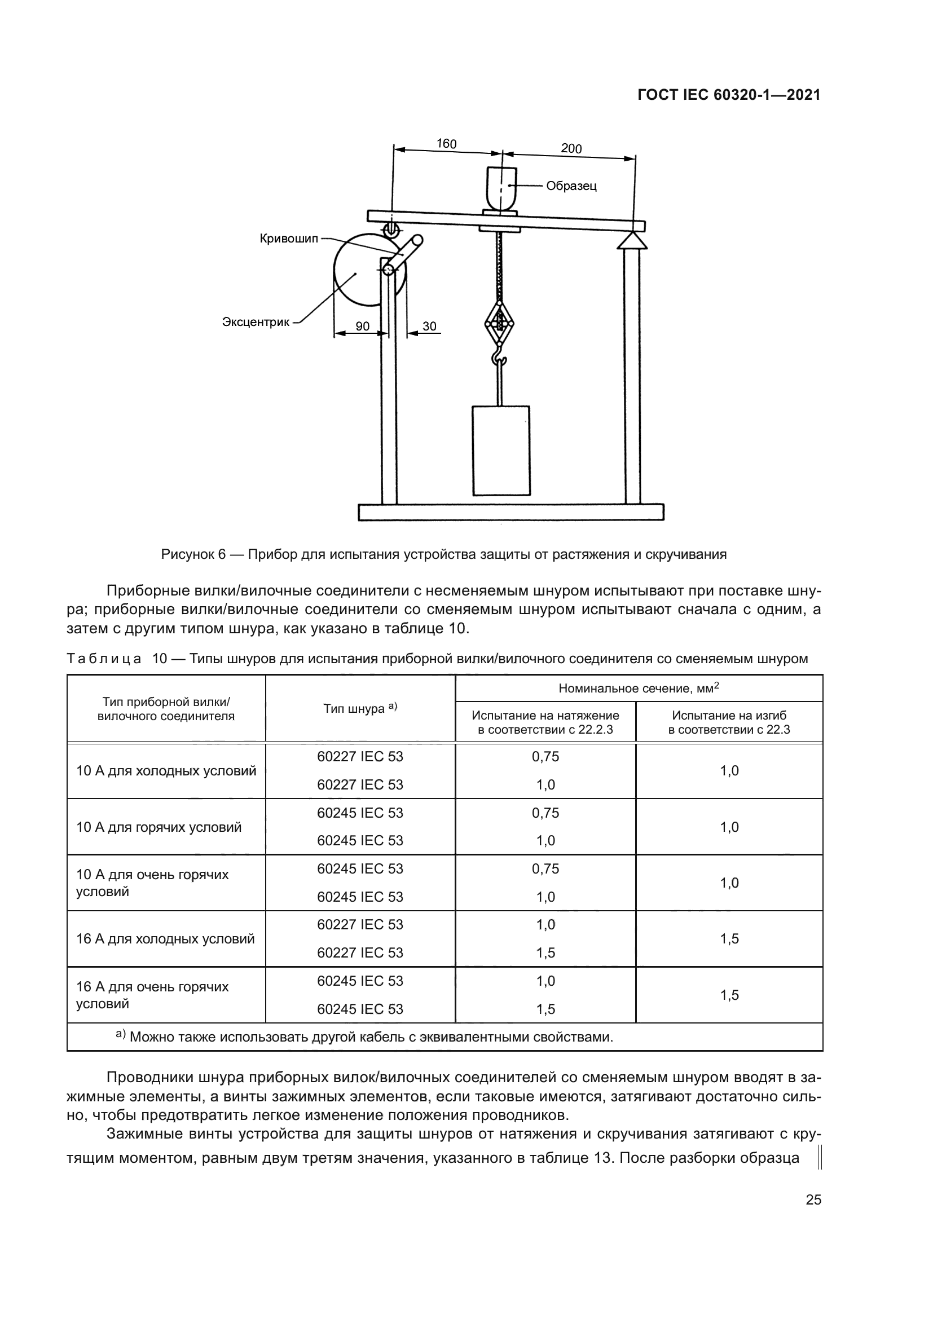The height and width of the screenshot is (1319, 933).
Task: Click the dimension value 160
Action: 446,144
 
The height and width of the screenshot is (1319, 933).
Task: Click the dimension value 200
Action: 571,149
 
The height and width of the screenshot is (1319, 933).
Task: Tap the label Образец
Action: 571,186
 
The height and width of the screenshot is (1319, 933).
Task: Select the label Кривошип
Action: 288,239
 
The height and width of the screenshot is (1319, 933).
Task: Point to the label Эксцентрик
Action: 256,323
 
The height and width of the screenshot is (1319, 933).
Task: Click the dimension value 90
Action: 363,327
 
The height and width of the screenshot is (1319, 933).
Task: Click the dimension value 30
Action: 429,327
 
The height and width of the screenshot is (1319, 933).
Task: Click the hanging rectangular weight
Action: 500,451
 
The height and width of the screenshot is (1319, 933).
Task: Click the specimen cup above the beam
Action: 501,187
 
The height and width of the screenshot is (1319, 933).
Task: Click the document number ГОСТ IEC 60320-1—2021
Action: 728,95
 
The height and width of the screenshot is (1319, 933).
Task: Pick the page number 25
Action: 813,1216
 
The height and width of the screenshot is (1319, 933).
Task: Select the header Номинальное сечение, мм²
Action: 639,688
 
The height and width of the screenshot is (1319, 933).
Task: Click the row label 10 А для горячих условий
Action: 159,827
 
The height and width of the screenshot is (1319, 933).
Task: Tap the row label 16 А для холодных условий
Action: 165,939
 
